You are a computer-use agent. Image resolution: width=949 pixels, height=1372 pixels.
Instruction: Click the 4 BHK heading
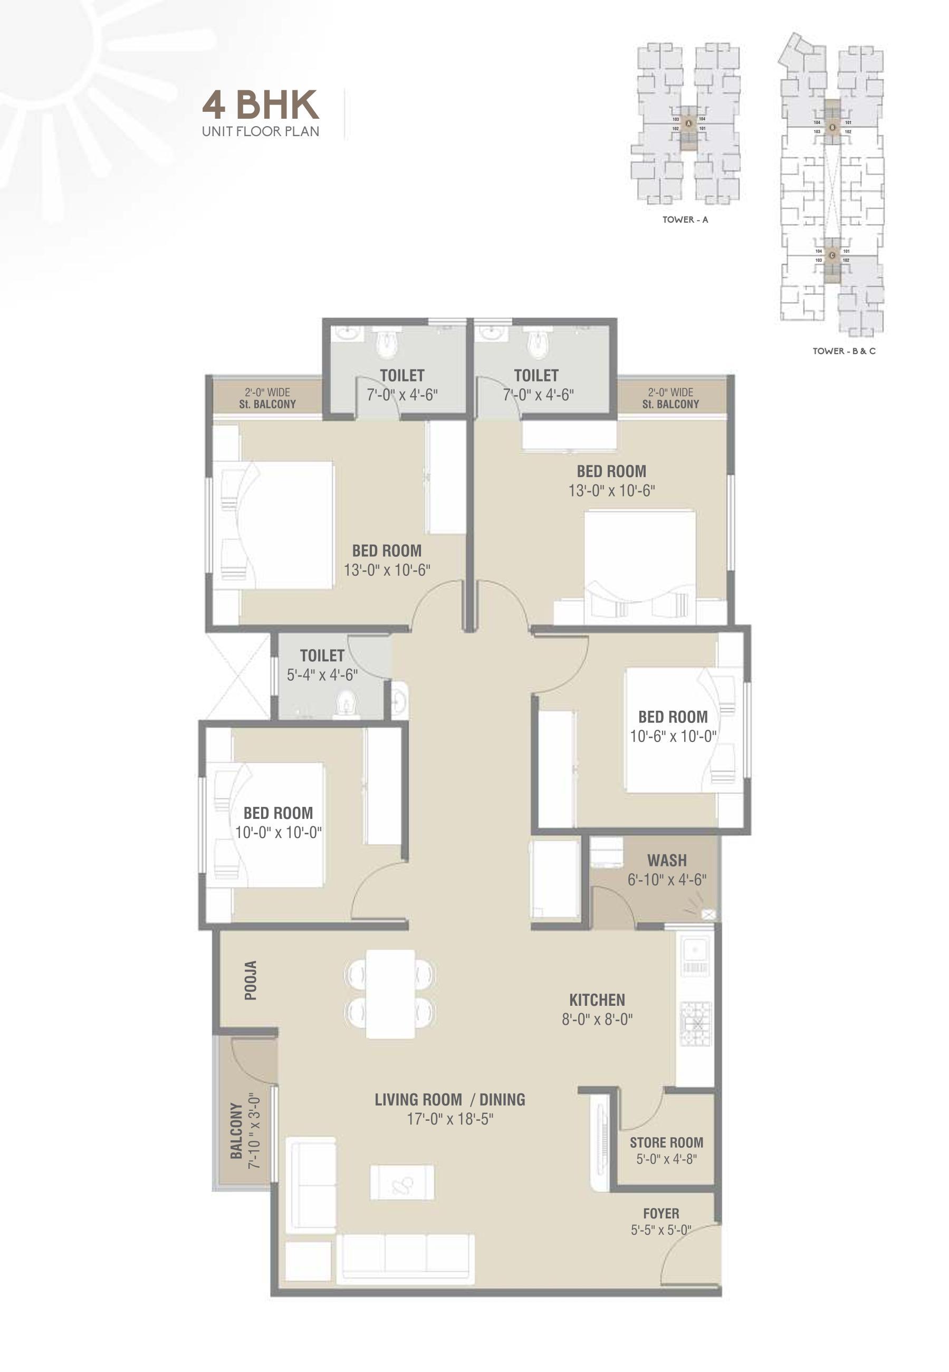pos(261,104)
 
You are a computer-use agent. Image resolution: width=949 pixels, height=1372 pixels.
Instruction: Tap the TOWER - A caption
pos(685,220)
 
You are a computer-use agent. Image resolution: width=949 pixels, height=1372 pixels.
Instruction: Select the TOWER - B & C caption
pos(843,351)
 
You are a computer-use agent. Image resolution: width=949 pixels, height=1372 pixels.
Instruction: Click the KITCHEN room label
pos(597,999)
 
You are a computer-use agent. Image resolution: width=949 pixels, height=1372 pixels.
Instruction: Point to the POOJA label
pos(251,980)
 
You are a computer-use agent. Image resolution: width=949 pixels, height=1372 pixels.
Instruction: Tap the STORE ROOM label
pos(666,1142)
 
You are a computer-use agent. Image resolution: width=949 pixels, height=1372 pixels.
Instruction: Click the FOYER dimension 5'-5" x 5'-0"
pos(660,1230)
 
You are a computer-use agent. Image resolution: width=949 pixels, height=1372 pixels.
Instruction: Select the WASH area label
pos(667,860)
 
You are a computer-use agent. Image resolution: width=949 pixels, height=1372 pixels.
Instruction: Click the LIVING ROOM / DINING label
pos(449,1099)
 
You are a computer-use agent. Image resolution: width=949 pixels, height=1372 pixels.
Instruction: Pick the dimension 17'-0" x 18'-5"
pos(449,1119)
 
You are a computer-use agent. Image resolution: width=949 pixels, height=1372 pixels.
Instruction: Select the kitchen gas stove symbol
pos(695,1025)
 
